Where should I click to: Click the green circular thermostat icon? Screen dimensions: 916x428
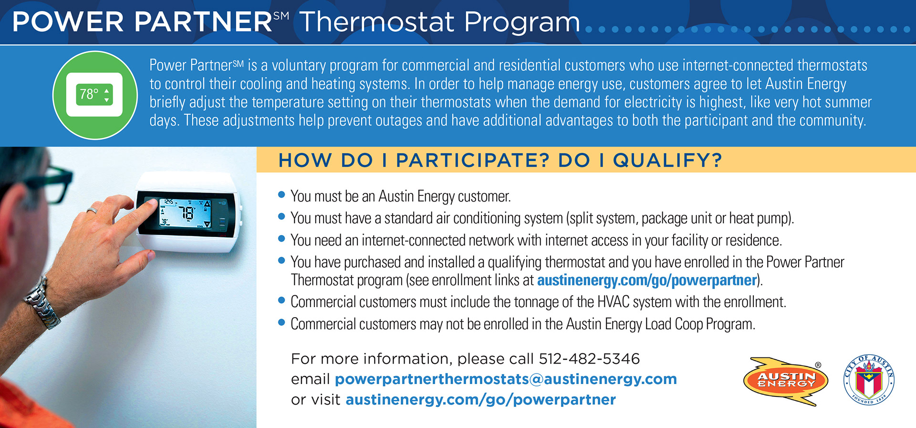click(x=95, y=95)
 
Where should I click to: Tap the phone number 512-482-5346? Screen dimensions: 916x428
click(x=589, y=359)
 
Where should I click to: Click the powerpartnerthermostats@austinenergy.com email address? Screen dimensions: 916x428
click(x=506, y=379)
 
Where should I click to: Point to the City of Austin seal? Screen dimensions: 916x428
click(x=869, y=380)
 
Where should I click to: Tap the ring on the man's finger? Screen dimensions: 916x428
click(x=92, y=210)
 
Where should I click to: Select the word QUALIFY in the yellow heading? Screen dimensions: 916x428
click(x=667, y=160)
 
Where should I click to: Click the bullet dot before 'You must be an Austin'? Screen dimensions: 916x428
click(x=281, y=194)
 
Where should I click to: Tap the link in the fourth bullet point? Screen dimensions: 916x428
click(x=647, y=280)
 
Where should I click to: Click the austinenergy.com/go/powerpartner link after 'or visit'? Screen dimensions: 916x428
click(x=481, y=400)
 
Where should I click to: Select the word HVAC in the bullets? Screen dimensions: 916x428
click(x=614, y=302)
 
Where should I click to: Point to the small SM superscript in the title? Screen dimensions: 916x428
click(x=281, y=16)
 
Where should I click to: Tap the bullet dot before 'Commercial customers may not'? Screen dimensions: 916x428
click(x=281, y=322)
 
